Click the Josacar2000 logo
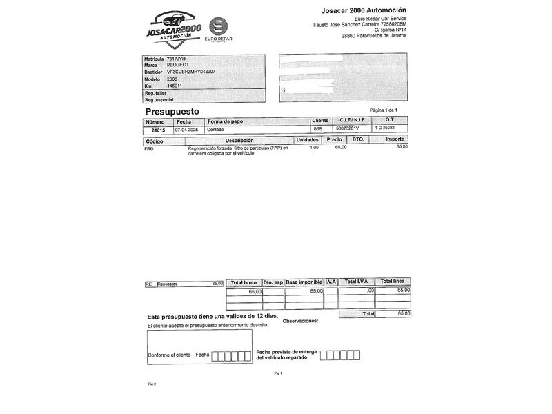click(173, 28)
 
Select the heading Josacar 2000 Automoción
click(363, 10)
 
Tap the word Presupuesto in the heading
click(172, 110)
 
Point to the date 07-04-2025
click(186, 129)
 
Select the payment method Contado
click(216, 129)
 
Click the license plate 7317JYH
click(177, 59)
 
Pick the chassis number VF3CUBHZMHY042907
click(191, 72)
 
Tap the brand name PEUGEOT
click(178, 65)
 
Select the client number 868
click(317, 129)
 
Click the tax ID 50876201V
click(346, 129)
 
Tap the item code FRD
click(149, 148)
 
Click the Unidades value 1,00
click(314, 147)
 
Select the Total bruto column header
click(244, 282)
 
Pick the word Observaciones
click(301, 322)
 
